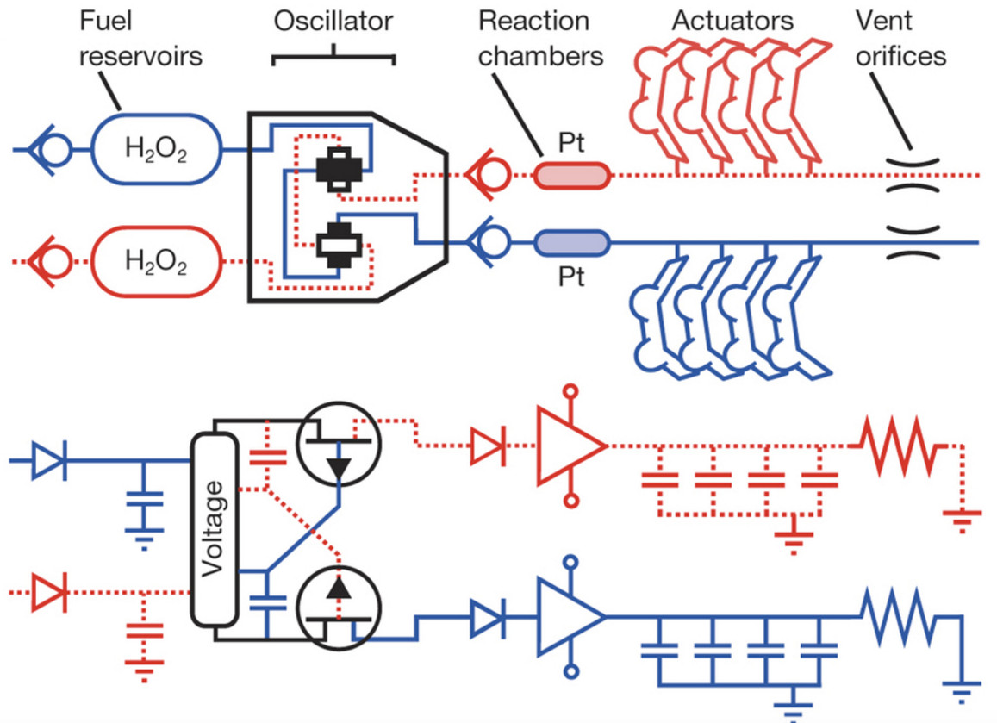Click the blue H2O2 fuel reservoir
157,150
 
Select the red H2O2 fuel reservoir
157,259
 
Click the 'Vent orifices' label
900,38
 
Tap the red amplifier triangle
570,446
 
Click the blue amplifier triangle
570,616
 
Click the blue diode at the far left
50,461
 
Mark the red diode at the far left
50,593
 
